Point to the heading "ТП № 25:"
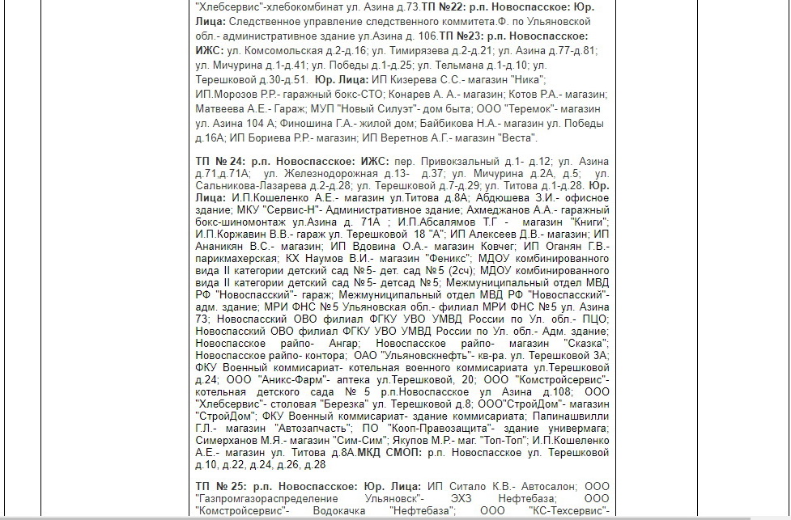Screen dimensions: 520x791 pyautogui.click(x=221, y=487)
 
